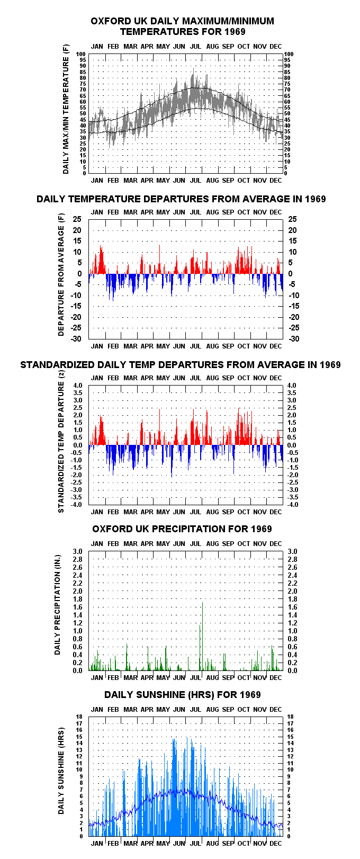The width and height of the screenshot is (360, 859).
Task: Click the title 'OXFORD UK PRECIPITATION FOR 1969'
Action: [x=182, y=529]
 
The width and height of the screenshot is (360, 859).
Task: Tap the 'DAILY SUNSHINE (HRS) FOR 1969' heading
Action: [x=183, y=694]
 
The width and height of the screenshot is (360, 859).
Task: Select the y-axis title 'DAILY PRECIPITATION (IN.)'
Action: [x=58, y=604]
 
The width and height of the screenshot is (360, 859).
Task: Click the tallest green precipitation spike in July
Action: [x=202, y=637]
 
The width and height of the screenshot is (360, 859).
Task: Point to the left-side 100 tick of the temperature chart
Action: [x=81, y=54]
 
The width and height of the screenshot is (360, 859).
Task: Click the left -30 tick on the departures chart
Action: [x=76, y=338]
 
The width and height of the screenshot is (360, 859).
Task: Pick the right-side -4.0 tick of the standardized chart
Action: [x=293, y=505]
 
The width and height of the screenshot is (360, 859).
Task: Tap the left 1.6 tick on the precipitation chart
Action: [x=77, y=607]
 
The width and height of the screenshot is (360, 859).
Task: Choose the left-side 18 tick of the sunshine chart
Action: [x=79, y=717]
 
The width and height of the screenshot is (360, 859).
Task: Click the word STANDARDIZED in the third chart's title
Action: [x=58, y=365]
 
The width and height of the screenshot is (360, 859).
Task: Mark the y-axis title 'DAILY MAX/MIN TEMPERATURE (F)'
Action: [x=66, y=109]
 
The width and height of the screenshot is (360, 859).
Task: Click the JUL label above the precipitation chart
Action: [x=195, y=544]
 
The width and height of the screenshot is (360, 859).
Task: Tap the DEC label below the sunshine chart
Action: [x=276, y=843]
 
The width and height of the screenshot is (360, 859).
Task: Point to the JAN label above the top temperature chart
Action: [x=97, y=47]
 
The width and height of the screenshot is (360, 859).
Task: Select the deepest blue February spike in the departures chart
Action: [x=113, y=288]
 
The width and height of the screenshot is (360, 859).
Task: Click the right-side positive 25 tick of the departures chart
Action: [x=293, y=219]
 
